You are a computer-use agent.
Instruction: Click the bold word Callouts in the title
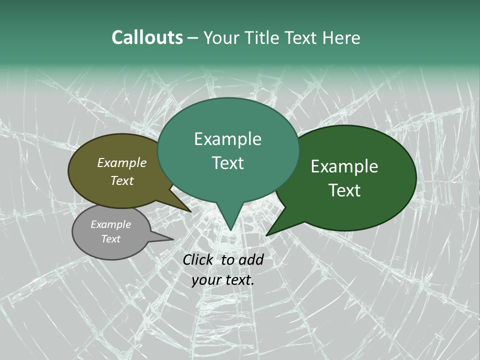pyautogui.click(x=147, y=37)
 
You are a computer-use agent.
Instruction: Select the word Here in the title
pyautogui.click(x=341, y=37)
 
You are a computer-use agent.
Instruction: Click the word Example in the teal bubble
pyautogui.click(x=227, y=139)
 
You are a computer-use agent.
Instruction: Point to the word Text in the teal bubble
pyautogui.click(x=227, y=163)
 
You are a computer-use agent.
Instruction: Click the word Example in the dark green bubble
pyautogui.click(x=344, y=166)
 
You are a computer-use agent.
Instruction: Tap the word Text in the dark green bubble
pyautogui.click(x=344, y=190)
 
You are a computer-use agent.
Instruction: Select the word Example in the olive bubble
pyautogui.click(x=121, y=162)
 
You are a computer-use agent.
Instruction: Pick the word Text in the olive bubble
pyautogui.click(x=121, y=180)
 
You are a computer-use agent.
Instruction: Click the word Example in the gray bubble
pyautogui.click(x=110, y=224)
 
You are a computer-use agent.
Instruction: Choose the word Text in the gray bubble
pyautogui.click(x=110, y=239)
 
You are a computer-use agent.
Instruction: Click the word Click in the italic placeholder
pyautogui.click(x=198, y=259)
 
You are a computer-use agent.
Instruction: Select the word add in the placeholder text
pyautogui.click(x=250, y=259)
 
